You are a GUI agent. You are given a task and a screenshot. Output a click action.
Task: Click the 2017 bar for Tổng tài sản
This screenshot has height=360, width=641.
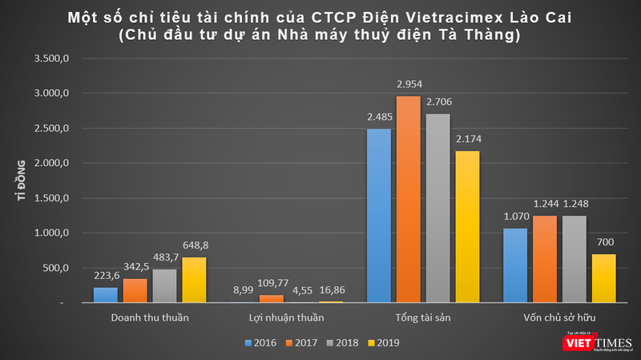click(x=408, y=200)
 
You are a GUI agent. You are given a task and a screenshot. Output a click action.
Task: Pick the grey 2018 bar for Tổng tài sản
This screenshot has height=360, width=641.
click(x=437, y=208)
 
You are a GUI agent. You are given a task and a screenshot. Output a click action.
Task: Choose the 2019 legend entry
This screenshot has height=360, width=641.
click(x=381, y=342)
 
